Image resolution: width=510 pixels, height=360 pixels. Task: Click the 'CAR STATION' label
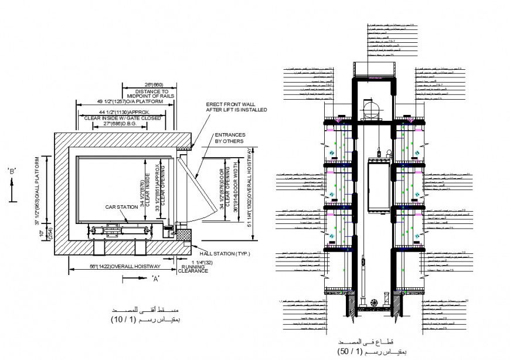pos(117,207)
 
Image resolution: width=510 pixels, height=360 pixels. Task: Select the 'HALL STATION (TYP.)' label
pos(225,254)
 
